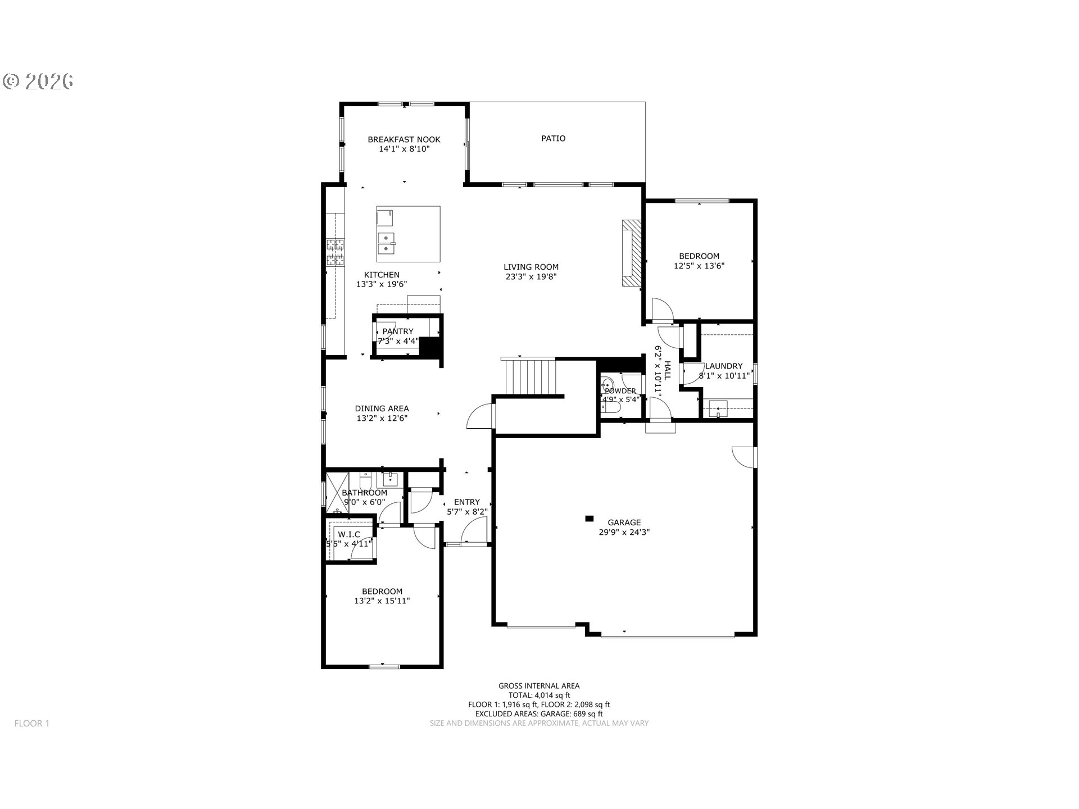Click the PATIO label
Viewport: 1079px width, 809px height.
coord(553,138)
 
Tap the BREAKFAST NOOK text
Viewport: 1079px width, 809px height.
coord(404,139)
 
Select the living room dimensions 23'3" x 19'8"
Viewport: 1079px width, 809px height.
coord(531,276)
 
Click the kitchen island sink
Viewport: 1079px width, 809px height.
coord(386,243)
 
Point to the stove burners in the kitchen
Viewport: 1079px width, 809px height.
coord(336,252)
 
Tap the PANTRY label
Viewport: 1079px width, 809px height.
coord(398,331)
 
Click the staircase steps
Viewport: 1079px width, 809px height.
coord(531,377)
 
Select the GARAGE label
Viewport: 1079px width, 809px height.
coord(624,522)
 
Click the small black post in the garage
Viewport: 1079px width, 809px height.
coord(590,518)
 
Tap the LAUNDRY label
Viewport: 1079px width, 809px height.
coord(724,366)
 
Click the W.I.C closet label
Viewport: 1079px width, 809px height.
coord(349,534)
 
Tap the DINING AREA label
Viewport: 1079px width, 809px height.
coord(382,408)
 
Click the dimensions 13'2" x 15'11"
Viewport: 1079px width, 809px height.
coord(382,601)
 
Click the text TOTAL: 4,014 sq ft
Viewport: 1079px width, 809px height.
coord(539,695)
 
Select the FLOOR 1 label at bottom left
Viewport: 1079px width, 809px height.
coord(32,723)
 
